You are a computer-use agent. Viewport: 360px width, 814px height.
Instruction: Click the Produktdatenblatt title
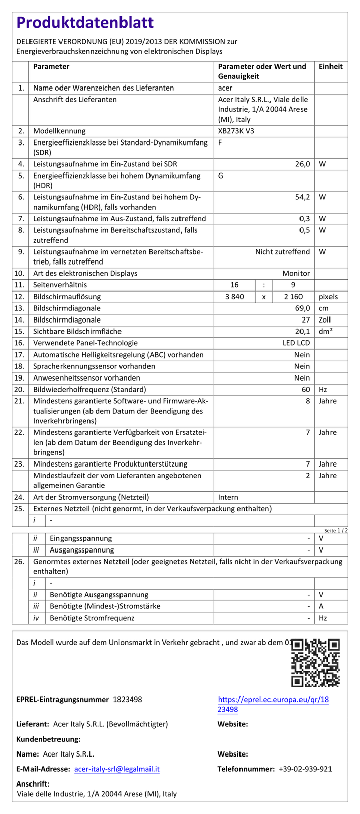[85, 23]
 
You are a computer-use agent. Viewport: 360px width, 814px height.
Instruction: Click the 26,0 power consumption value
[302, 164]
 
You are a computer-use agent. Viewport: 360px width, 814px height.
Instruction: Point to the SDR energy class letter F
[220, 143]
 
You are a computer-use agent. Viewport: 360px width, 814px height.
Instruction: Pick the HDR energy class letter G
[220, 176]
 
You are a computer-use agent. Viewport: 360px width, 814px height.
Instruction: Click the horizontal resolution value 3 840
[234, 297]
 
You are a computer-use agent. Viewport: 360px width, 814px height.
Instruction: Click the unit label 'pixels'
[328, 297]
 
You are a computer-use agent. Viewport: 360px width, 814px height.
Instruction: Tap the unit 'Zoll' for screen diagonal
[325, 320]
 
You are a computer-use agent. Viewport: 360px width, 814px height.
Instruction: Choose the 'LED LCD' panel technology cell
[296, 343]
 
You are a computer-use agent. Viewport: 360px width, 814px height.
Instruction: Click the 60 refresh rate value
[305, 390]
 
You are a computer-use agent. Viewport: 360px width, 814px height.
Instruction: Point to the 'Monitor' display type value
[296, 274]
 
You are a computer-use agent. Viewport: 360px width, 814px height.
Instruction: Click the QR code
[315, 663]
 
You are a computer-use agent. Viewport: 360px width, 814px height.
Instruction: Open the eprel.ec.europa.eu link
[273, 704]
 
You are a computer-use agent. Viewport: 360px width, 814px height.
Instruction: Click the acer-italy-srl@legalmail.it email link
[117, 769]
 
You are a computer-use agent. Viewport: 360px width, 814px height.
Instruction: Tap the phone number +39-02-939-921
[305, 769]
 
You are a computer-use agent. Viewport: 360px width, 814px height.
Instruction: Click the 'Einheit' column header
[331, 67]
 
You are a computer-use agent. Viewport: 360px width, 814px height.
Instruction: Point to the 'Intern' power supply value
[228, 497]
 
